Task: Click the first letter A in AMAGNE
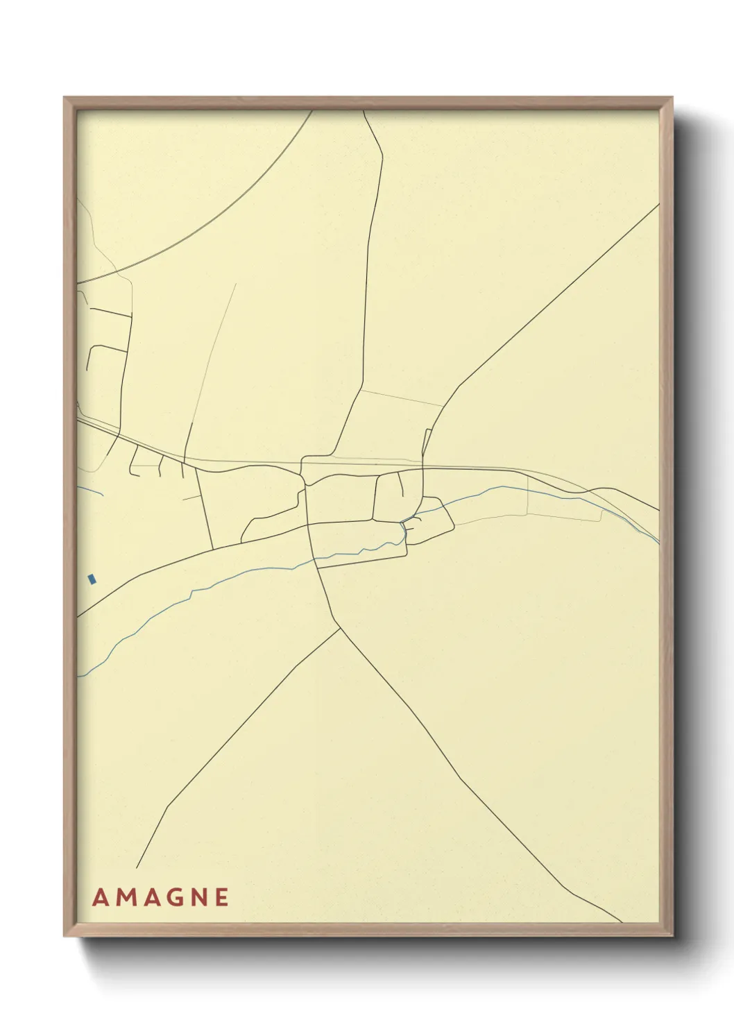coord(101,897)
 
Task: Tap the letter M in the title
coord(126,897)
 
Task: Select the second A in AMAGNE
coord(153,897)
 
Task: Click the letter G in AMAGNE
coord(176,897)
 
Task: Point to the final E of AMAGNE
coord(222,897)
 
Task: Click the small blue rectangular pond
coord(92,579)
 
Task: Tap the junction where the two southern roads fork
coord(340,629)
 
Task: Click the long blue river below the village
coord(208,584)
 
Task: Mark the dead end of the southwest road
coord(137,868)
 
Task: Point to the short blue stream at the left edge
coord(92,490)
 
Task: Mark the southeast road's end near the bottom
coord(622,922)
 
